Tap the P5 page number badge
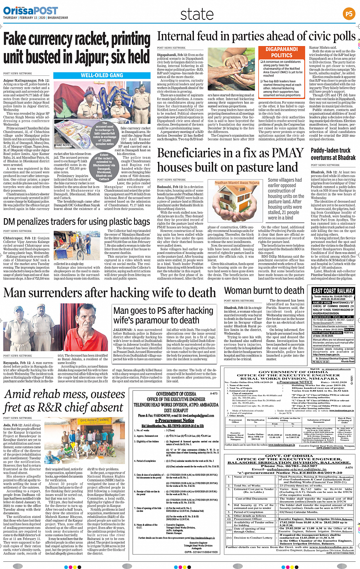point(349,14)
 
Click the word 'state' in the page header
point(197,14)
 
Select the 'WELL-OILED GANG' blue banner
point(102,75)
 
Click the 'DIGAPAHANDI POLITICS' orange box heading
point(282,53)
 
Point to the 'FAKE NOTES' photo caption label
point(63,145)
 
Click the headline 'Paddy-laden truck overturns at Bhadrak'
point(333,154)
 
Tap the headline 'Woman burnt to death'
point(264,291)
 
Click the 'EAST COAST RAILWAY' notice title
point(333,291)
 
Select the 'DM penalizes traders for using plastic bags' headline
point(77,222)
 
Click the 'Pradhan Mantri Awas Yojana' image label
point(237,183)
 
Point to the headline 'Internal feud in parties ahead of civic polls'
point(256,37)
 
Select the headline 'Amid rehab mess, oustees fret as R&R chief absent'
point(64,401)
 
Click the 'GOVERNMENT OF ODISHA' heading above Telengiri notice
point(176,394)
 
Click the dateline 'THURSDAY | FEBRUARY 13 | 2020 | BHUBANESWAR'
point(35,18)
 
